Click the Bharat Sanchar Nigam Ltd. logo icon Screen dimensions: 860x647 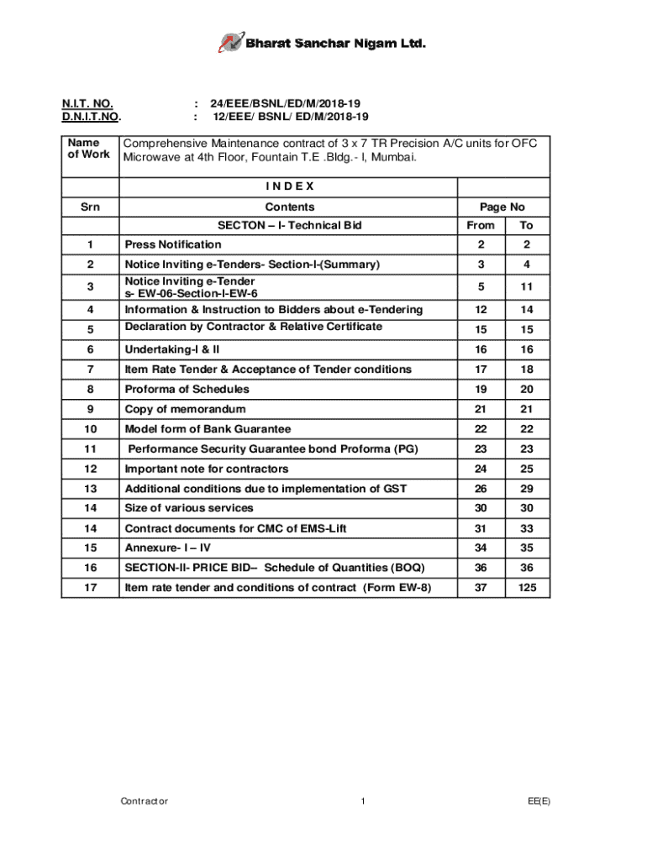click(230, 42)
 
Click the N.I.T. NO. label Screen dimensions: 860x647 click(87, 103)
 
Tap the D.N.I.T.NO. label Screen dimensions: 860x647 click(92, 117)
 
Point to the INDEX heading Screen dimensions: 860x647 click(289, 186)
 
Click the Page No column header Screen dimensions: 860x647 click(502, 207)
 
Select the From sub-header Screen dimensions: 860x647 click(481, 225)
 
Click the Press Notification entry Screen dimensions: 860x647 click(173, 244)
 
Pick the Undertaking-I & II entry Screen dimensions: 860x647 click(172, 349)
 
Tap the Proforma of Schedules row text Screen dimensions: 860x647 click(187, 389)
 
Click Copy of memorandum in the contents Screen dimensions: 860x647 click(185, 409)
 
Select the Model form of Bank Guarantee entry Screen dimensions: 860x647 click(208, 429)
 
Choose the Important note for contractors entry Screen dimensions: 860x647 click(206, 469)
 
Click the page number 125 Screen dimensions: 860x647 click(526, 587)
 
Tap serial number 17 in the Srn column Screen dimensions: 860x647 click(91, 587)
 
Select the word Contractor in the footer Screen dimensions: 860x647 click(144, 801)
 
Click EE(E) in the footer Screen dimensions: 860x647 click(539, 801)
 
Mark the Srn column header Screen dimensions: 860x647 click(91, 207)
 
